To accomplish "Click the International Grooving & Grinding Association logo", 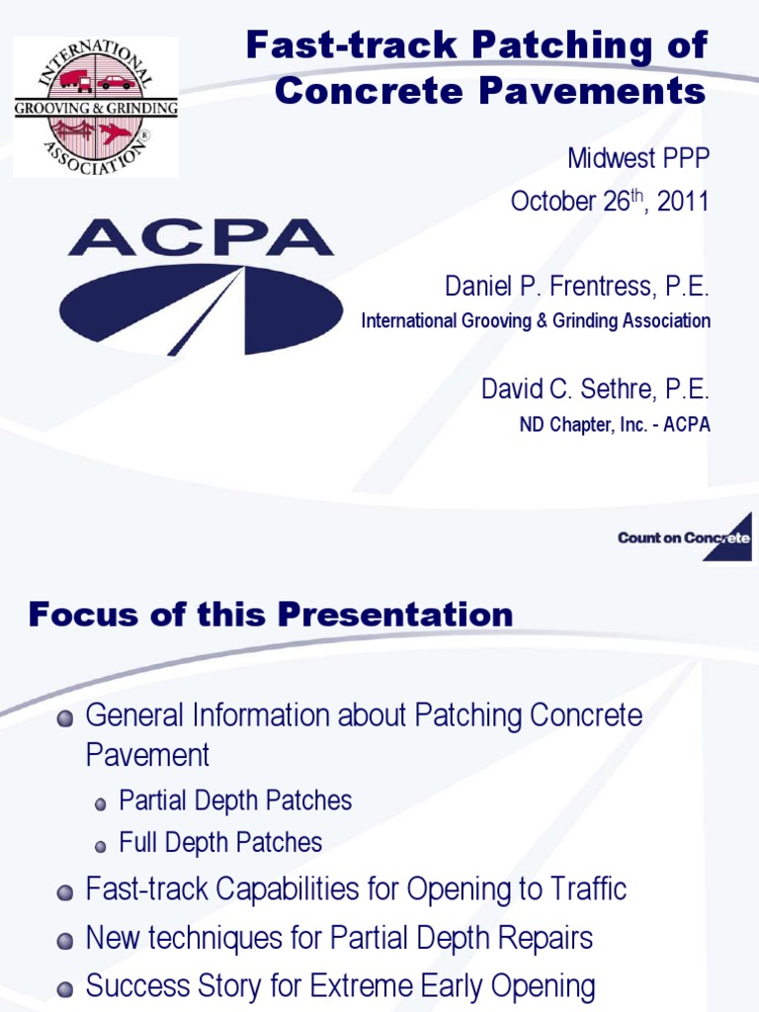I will point(96,107).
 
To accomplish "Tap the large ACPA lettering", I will point(201,238).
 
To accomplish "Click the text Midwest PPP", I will point(638,158).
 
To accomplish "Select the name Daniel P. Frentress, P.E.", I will point(577,289).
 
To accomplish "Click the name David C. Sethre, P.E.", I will point(595,389).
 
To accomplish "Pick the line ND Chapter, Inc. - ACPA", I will point(615,425).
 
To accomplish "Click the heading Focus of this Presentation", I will point(270,615).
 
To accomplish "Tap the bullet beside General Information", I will point(65,717).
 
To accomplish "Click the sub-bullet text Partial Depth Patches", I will point(235,801).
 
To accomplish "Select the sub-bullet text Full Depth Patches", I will point(220,843).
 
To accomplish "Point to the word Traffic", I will point(581,889).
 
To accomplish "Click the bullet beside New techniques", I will point(65,940).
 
